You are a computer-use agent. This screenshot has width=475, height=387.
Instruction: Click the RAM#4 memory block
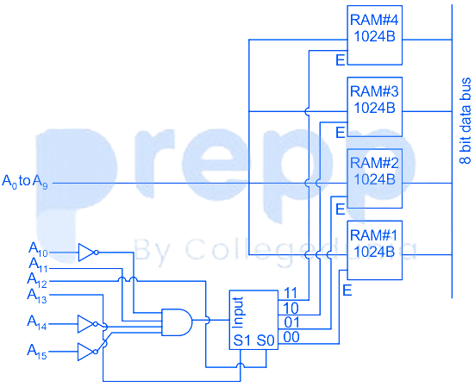(x=374, y=35)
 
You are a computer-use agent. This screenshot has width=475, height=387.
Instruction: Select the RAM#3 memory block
(x=374, y=107)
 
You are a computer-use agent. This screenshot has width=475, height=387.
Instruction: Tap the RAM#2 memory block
(x=374, y=178)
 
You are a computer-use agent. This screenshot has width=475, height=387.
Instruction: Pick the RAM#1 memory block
(x=374, y=250)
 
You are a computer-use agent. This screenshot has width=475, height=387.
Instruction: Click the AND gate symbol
(x=178, y=322)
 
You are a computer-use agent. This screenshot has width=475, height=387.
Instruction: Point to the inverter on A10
(x=89, y=253)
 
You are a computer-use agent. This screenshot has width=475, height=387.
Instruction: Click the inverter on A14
(x=88, y=324)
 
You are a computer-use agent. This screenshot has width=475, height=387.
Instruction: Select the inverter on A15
(x=88, y=352)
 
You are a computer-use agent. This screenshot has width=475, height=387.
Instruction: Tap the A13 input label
(x=37, y=296)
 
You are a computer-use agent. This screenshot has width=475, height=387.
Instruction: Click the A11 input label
(x=38, y=265)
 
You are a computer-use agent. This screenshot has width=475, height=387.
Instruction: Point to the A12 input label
(x=37, y=280)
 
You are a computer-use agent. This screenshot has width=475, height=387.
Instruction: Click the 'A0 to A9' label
(x=25, y=182)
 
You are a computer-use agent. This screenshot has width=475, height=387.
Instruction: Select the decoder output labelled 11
(x=291, y=293)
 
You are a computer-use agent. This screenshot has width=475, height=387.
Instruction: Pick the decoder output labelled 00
(x=291, y=337)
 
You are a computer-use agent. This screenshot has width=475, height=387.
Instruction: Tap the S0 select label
(x=266, y=340)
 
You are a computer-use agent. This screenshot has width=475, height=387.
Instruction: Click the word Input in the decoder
(x=238, y=312)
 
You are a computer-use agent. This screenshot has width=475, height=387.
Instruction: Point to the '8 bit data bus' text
(x=466, y=122)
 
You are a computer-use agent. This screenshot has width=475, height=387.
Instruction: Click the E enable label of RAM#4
(x=341, y=60)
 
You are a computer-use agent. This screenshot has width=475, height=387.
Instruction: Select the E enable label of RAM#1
(x=347, y=290)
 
